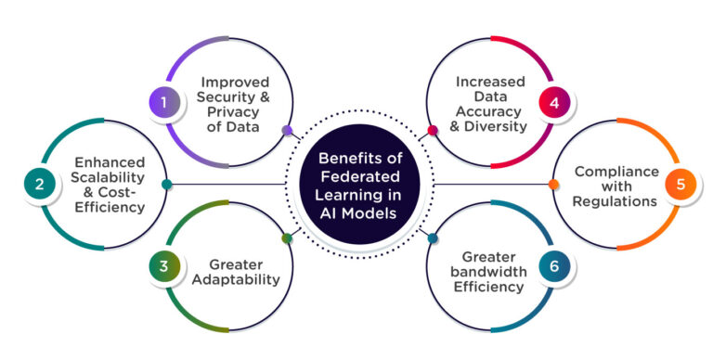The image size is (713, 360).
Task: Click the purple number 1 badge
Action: (164, 104)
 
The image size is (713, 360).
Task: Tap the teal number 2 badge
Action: (39, 184)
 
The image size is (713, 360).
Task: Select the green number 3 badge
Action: (164, 267)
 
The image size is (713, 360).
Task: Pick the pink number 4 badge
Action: (554, 104)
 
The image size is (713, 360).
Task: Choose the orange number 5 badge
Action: (681, 184)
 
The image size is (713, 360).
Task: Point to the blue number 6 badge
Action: (554, 267)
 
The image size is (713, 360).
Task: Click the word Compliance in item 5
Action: (616, 171)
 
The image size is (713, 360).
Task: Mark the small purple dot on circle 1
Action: (286, 131)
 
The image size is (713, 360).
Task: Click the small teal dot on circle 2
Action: (166, 184)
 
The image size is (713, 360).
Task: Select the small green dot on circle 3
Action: (287, 238)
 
